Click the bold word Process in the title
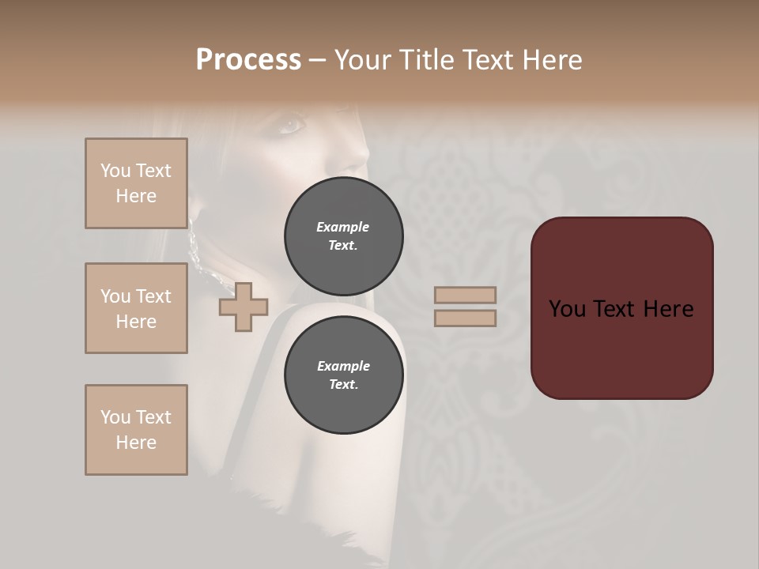248,60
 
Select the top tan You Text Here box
136,183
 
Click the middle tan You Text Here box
136,308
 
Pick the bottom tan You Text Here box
136,430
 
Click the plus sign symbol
244,307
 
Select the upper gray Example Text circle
343,236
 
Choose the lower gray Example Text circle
343,375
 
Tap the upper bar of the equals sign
466,296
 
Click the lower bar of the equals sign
466,318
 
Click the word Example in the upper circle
343,227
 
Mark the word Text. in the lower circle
343,384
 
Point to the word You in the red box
567,309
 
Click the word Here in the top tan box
136,196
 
